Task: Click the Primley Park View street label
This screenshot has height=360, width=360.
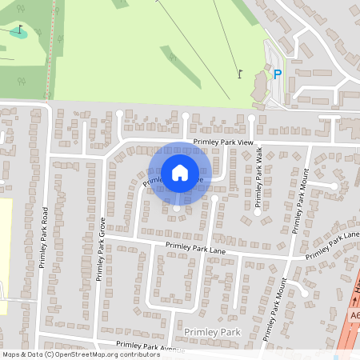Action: (x=222, y=142)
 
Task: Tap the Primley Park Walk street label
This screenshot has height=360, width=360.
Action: (x=258, y=180)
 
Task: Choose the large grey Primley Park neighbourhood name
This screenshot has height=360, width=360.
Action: (x=211, y=331)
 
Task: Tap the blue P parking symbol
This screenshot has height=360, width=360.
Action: (x=278, y=74)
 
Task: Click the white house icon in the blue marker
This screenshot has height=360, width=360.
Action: (x=180, y=173)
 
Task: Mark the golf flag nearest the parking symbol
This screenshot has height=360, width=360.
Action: (x=239, y=74)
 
